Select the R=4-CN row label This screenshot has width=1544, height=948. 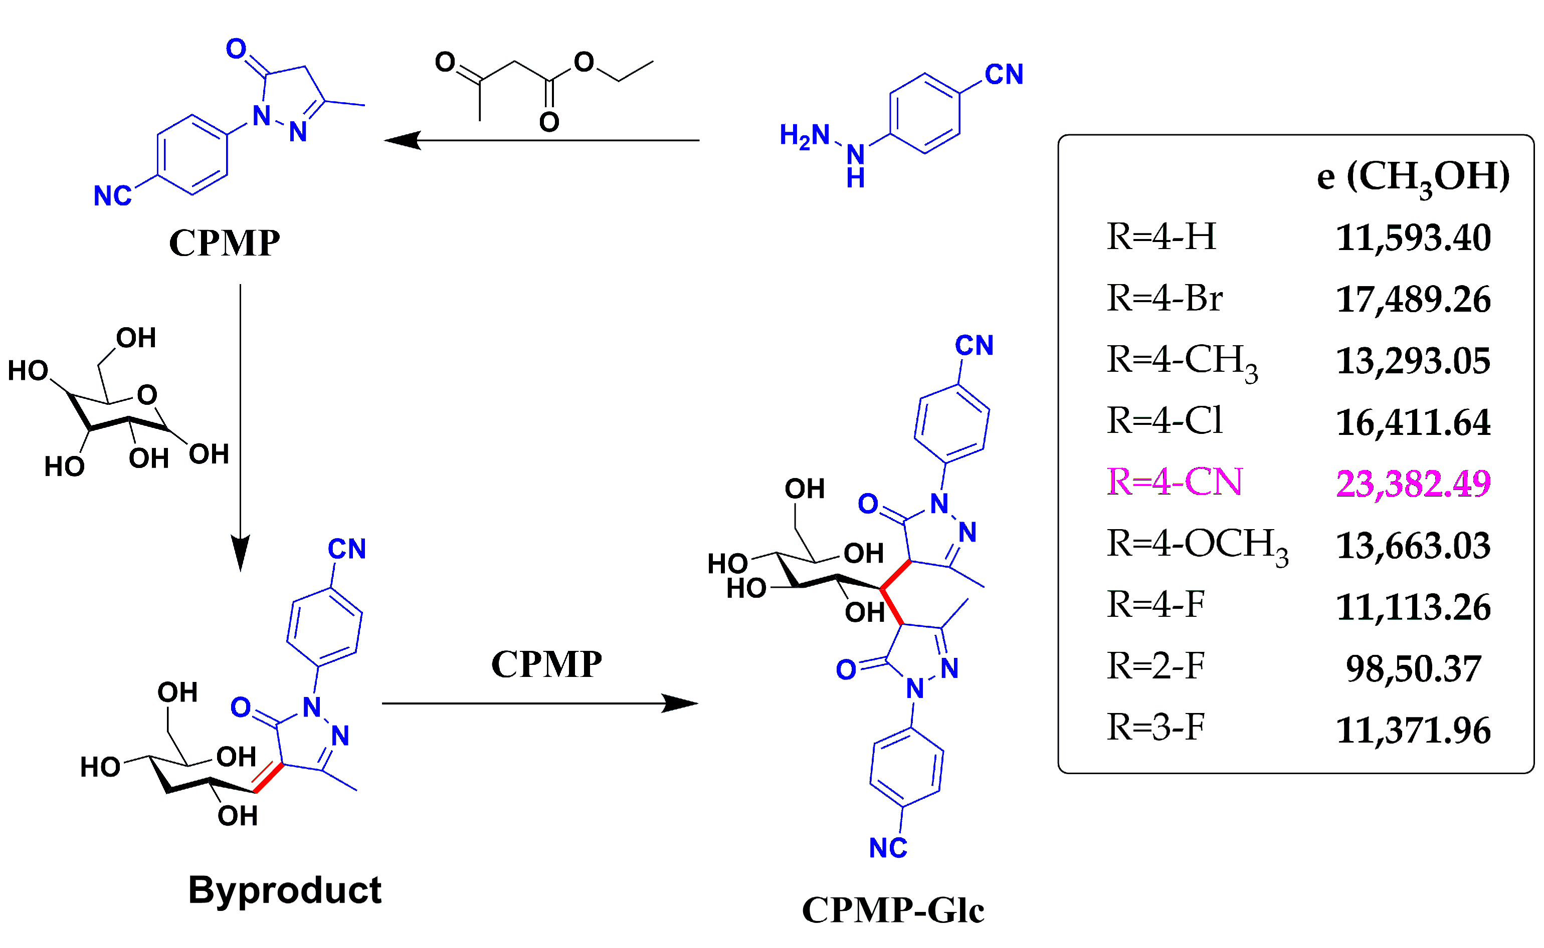(x=1174, y=482)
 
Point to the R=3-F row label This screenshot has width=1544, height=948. (x=1155, y=728)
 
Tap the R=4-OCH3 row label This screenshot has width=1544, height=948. (x=1197, y=544)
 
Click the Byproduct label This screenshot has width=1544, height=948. (x=284, y=890)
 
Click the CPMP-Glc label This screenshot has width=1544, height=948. (x=892, y=910)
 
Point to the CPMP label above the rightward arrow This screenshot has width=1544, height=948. (x=545, y=664)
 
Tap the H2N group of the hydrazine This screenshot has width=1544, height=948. (x=804, y=135)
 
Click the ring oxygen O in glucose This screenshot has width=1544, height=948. (x=147, y=395)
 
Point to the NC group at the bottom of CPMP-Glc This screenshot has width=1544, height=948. (x=887, y=848)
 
